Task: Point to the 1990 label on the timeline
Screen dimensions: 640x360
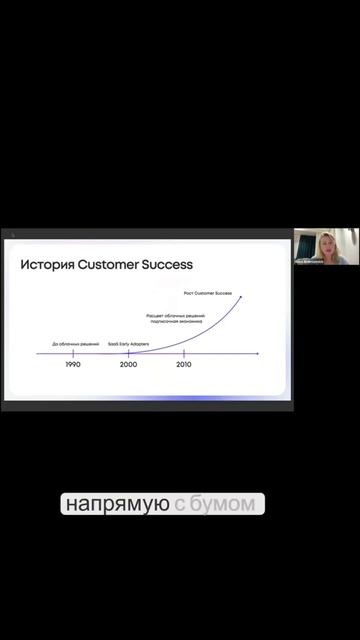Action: click(73, 365)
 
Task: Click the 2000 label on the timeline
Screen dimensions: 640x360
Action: click(128, 365)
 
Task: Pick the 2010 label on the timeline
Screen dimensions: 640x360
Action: click(184, 365)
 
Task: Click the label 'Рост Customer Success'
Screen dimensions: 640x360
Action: click(208, 293)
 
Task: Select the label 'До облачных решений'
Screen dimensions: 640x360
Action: click(75, 344)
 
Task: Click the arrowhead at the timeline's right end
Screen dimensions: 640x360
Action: click(258, 353)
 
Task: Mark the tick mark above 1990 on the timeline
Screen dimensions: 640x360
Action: click(73, 353)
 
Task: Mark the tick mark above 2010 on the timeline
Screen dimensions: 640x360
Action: click(184, 353)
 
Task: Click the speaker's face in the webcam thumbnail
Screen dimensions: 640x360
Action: click(326, 243)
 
